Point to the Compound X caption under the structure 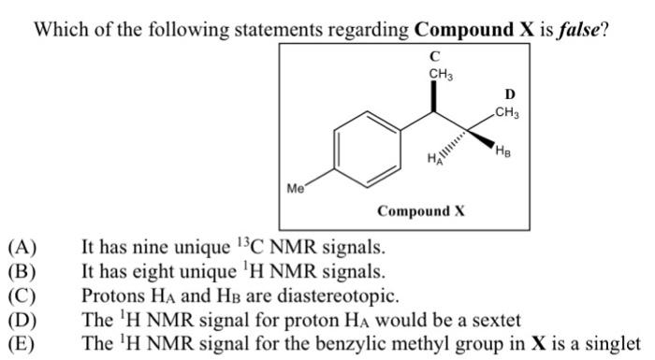coord(421,211)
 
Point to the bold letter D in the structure coord(509,94)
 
